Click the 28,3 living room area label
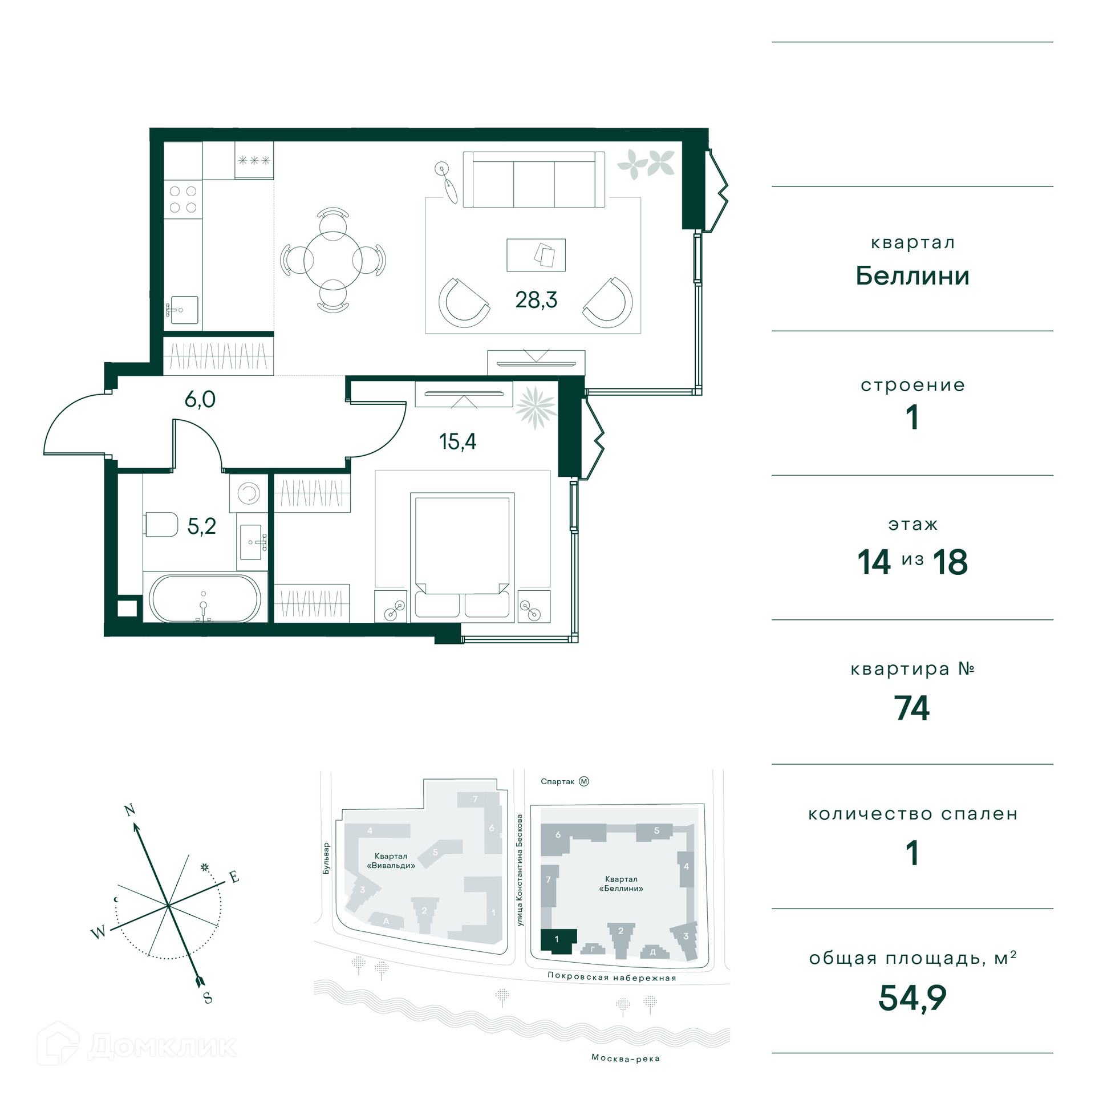click(536, 300)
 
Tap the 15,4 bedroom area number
click(457, 441)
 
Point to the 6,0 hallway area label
click(200, 399)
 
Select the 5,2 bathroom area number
click(202, 526)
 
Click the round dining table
click(333, 260)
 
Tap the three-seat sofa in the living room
click(534, 180)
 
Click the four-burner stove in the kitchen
click(183, 200)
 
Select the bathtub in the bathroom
click(205, 598)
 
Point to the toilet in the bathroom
click(161, 525)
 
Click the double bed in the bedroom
click(463, 555)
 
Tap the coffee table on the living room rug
click(536, 255)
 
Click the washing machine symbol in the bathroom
click(249, 493)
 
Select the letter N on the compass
click(130, 810)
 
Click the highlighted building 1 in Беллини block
click(558, 940)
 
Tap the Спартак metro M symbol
click(584, 781)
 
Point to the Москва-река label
click(626, 1058)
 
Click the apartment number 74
click(912, 708)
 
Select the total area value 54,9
click(912, 998)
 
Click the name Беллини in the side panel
click(912, 276)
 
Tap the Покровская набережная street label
click(612, 977)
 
